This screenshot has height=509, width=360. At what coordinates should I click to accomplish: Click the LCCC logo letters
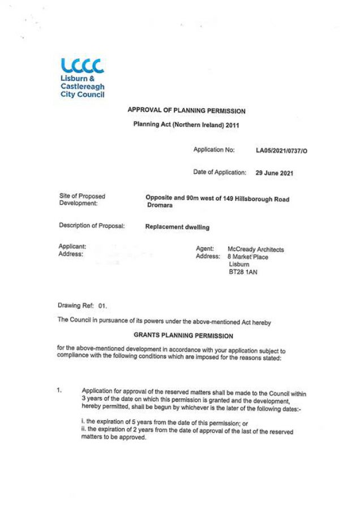(x=82, y=66)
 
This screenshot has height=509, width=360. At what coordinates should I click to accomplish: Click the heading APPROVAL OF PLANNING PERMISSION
(x=186, y=111)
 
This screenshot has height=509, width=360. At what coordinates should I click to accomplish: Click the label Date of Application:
(x=220, y=172)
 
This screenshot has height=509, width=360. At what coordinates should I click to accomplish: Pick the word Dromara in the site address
(x=160, y=206)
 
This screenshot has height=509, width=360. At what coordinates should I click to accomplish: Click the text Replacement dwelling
(x=177, y=227)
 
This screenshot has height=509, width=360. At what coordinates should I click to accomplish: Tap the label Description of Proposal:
(x=92, y=226)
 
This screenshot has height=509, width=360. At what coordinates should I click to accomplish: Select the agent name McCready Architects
(x=255, y=249)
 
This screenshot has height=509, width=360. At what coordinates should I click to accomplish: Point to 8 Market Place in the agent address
(x=248, y=257)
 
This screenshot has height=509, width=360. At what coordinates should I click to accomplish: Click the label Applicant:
(x=72, y=247)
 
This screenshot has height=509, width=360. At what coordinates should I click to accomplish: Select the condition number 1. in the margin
(x=61, y=390)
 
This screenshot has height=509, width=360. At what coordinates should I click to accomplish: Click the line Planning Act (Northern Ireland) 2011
(x=186, y=125)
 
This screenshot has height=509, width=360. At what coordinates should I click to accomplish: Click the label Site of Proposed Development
(x=82, y=200)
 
